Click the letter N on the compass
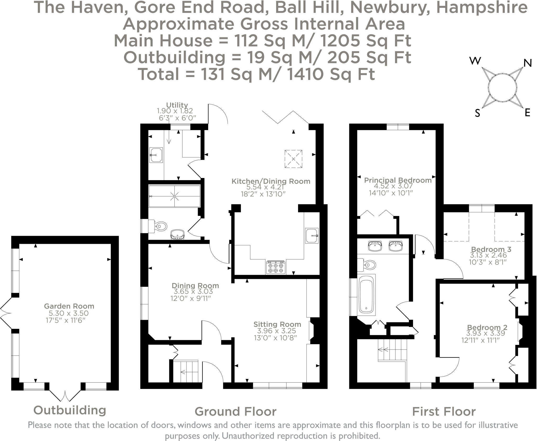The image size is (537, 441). pyautogui.click(x=527, y=63)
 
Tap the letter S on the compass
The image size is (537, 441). pyautogui.click(x=477, y=113)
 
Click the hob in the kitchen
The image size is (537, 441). pyautogui.click(x=276, y=267)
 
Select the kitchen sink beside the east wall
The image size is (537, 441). pyautogui.click(x=312, y=236)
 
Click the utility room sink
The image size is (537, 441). pyautogui.click(x=156, y=155)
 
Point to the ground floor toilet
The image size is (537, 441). pyautogui.click(x=158, y=226)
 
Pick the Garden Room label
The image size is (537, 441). pyautogui.click(x=69, y=306)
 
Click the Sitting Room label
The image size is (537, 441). pyautogui.click(x=277, y=324)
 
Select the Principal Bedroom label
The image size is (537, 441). pyautogui.click(x=398, y=180)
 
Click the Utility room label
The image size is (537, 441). pyautogui.click(x=177, y=105)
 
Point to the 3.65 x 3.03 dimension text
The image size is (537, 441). pyautogui.click(x=194, y=291)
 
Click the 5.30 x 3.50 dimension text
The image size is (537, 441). pyautogui.click(x=69, y=313)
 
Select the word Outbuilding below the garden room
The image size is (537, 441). pyautogui.click(x=70, y=410)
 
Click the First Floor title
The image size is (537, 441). pyautogui.click(x=444, y=411)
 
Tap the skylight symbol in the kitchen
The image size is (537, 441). pyautogui.click(x=293, y=159)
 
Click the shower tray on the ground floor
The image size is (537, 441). pyautogui.click(x=174, y=196)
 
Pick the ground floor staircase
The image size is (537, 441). pyautogui.click(x=186, y=371)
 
